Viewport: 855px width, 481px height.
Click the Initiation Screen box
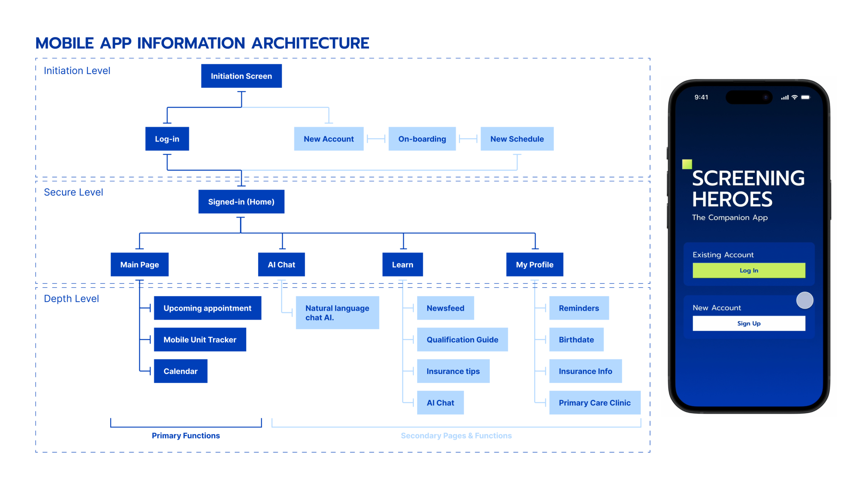(241, 76)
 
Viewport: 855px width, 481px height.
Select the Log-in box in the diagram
(167, 139)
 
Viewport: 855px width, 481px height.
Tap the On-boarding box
(422, 139)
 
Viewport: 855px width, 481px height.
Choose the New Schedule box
(517, 139)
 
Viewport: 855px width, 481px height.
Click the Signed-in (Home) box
(241, 202)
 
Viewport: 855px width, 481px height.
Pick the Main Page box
(139, 265)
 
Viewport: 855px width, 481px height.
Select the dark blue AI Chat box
(281, 265)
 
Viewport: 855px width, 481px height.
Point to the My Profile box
(534, 265)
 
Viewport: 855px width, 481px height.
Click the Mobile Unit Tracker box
(200, 339)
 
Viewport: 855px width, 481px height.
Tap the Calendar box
(180, 371)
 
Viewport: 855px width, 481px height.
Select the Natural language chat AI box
(337, 312)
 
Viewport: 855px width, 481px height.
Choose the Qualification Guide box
(462, 339)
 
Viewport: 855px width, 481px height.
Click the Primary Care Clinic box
(594, 402)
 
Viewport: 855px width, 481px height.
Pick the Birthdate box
(576, 339)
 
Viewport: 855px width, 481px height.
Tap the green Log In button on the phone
(748, 270)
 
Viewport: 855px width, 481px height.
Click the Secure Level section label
(73, 192)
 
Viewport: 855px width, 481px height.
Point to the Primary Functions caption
(186, 435)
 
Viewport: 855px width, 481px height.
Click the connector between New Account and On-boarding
(376, 139)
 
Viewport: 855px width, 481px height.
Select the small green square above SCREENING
(687, 164)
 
